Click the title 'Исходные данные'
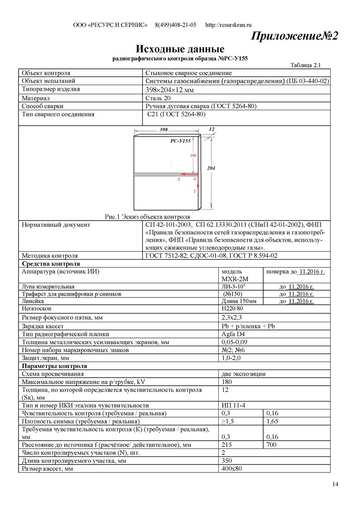pyautogui.click(x=180, y=49)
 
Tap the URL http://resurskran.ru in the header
pyautogui.click(x=228, y=25)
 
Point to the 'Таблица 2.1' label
pyautogui.click(x=305, y=65)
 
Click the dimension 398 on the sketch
pyautogui.click(x=164, y=130)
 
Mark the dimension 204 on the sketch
pyautogui.click(x=211, y=168)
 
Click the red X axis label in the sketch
pyautogui.click(x=179, y=179)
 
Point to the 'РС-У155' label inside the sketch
pyautogui.click(x=180, y=141)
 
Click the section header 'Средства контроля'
pyautogui.click(x=51, y=264)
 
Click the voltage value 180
pyautogui.click(x=227, y=382)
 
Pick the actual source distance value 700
pyautogui.click(x=272, y=445)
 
